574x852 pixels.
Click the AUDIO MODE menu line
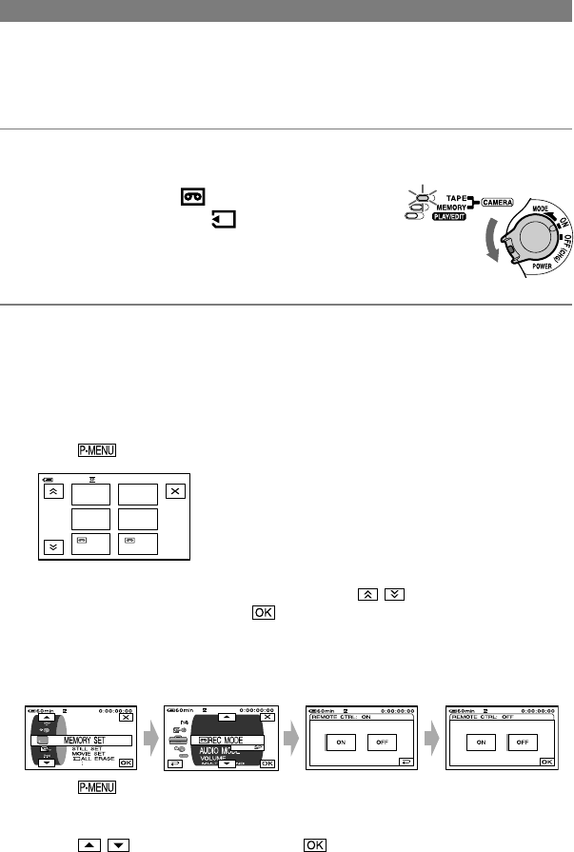click(x=223, y=750)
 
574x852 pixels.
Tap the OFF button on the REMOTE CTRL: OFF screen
click(x=524, y=742)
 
